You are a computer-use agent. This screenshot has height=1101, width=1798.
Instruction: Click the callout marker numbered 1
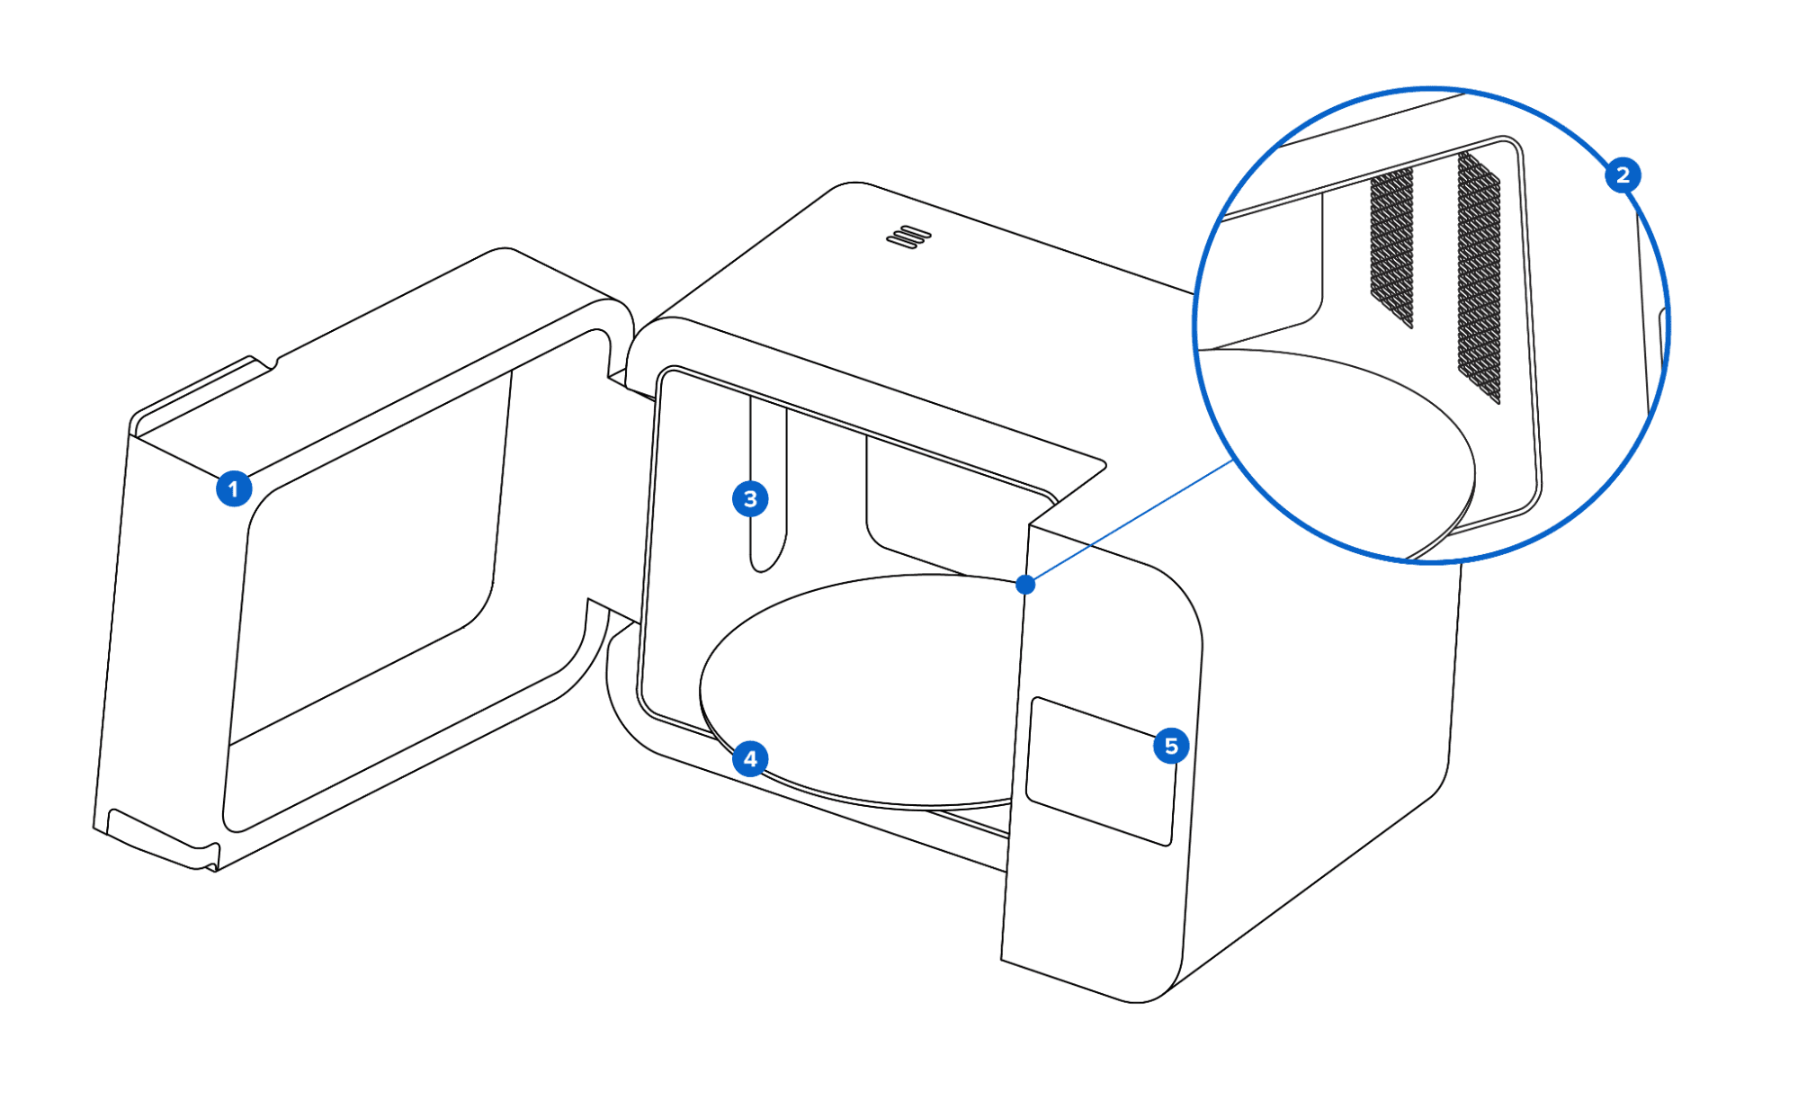click(x=234, y=488)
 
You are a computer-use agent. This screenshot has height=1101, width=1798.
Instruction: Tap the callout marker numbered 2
click(x=1623, y=175)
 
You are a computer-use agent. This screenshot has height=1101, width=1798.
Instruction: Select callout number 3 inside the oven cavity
click(x=750, y=498)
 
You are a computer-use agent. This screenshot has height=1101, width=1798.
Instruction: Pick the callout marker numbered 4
click(x=750, y=759)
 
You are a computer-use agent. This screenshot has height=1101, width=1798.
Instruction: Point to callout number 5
click(x=1171, y=746)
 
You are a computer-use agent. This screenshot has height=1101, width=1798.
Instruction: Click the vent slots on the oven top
click(x=908, y=237)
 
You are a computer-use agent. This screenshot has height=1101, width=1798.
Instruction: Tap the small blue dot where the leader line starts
click(x=1025, y=585)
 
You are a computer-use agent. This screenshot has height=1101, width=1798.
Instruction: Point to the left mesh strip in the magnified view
click(x=1391, y=247)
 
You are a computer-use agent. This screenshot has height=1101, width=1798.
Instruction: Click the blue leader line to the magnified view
click(x=1130, y=522)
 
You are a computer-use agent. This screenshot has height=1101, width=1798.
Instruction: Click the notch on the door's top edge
click(x=263, y=363)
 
